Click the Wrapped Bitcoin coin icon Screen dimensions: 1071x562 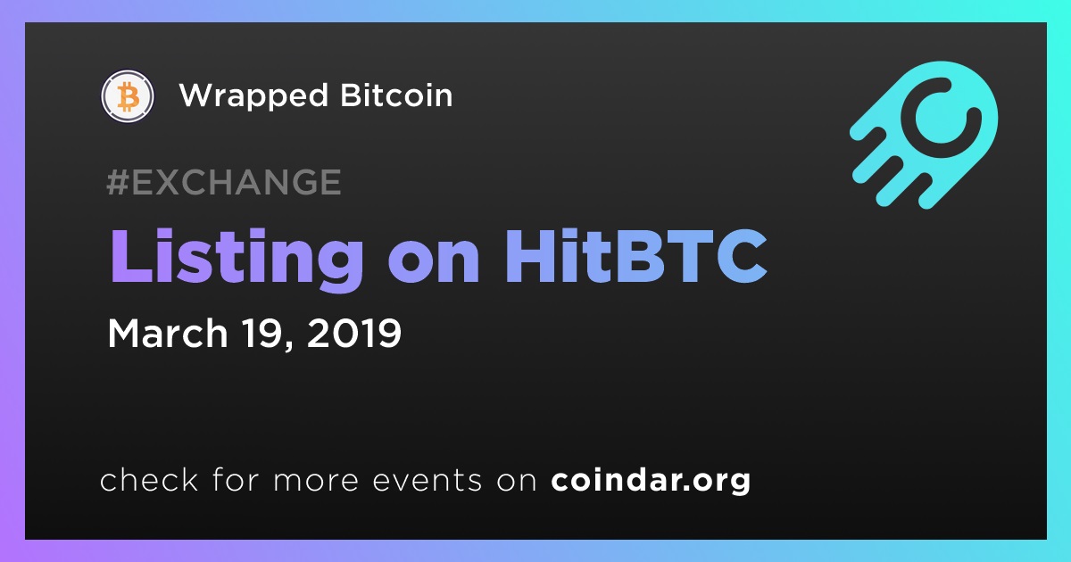(x=127, y=95)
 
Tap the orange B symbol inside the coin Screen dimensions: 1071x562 (x=128, y=96)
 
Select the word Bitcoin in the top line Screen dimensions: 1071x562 (x=396, y=95)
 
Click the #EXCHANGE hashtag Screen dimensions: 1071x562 (x=224, y=182)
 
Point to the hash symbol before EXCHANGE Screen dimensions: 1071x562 (x=118, y=182)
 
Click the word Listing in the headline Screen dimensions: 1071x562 (x=237, y=259)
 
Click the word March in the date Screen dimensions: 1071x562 (x=168, y=333)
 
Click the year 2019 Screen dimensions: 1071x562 (x=354, y=333)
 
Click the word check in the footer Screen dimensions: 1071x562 (x=149, y=479)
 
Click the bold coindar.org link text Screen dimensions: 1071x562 (x=651, y=481)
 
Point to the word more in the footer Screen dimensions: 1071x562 (x=316, y=481)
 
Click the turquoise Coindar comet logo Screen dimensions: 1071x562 (x=924, y=135)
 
